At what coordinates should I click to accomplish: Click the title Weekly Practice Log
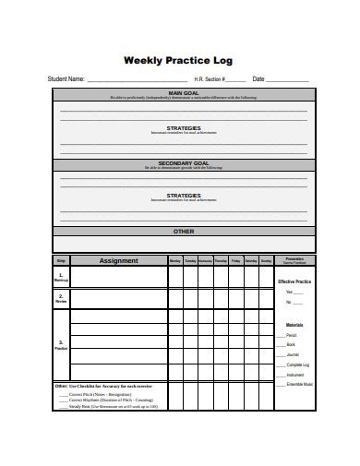[179, 61]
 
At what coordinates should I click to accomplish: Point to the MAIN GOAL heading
[183, 92]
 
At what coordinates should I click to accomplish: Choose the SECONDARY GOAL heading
[183, 162]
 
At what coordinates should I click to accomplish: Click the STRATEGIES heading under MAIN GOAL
[183, 128]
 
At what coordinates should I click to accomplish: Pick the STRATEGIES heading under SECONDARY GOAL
[183, 196]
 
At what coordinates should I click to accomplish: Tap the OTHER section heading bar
[183, 232]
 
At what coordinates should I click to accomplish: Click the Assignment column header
[118, 261]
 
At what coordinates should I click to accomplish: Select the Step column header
[61, 261]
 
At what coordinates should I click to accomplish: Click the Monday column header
[175, 261]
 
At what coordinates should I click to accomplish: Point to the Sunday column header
[265, 261]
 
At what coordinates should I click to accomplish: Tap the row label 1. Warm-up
[61, 277]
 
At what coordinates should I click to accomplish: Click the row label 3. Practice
[61, 344]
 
